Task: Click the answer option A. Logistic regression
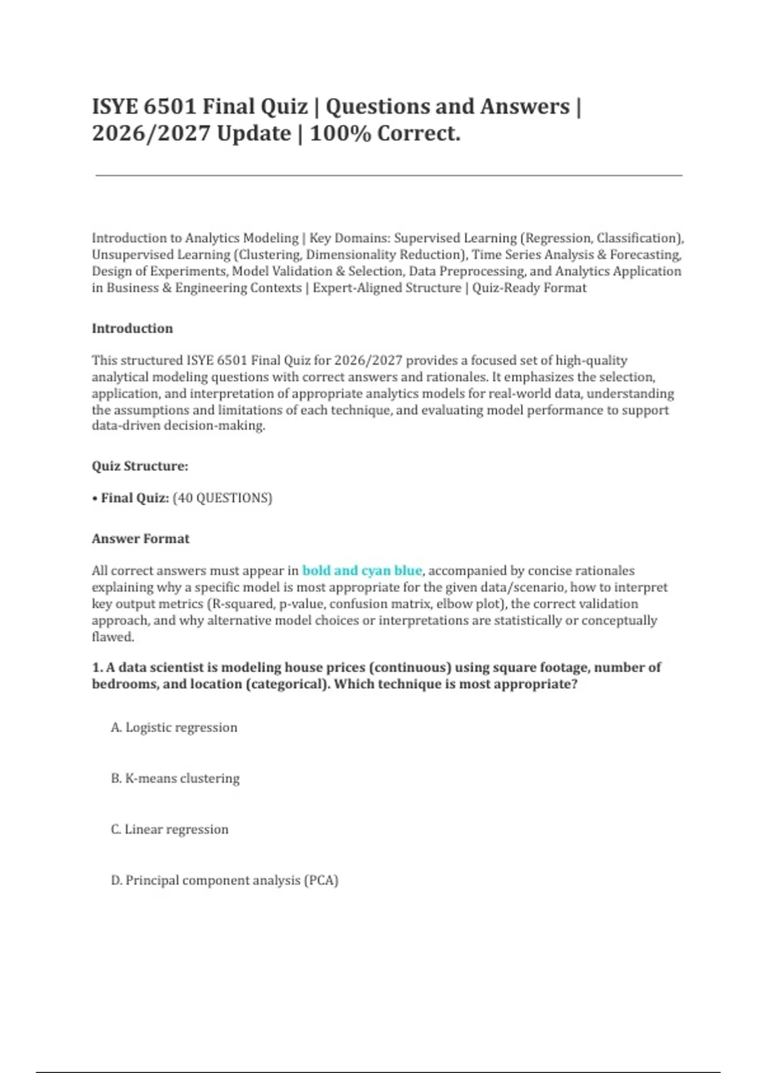click(174, 727)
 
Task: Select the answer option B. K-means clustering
click(175, 778)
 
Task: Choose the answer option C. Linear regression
click(170, 829)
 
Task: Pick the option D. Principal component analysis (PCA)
click(225, 880)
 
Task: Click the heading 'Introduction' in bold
click(132, 328)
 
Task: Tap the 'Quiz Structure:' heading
click(140, 466)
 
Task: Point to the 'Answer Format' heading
click(141, 539)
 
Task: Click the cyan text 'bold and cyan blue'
click(362, 571)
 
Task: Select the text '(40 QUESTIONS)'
click(222, 498)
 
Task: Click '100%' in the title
click(340, 134)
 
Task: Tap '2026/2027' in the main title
click(151, 134)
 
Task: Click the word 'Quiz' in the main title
click(283, 107)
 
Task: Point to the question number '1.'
click(97, 668)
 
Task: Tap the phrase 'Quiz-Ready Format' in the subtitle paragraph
click(529, 288)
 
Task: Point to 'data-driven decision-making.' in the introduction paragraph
click(179, 426)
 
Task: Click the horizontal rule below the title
click(389, 175)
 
